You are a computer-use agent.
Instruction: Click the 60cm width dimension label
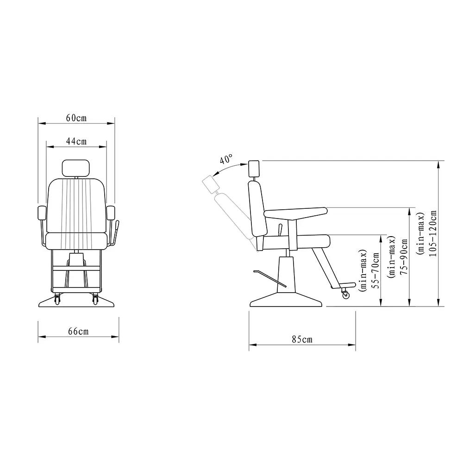[x=76, y=118]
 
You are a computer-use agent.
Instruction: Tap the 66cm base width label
[x=78, y=331]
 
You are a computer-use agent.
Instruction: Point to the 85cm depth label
[x=302, y=339]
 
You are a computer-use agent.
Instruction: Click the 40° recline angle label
[x=226, y=160]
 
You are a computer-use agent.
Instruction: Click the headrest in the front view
[x=76, y=168]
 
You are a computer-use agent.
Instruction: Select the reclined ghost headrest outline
[x=211, y=184]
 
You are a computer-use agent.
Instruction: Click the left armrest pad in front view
[x=41, y=213]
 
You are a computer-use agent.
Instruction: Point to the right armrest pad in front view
[x=111, y=213]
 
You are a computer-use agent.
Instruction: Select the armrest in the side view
[x=296, y=213]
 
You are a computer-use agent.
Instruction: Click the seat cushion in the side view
[x=296, y=241]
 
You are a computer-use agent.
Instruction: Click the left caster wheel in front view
[x=57, y=299]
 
